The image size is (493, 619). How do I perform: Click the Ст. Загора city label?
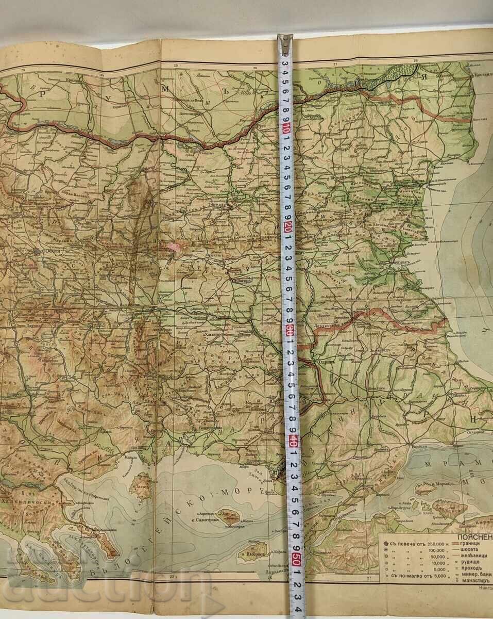[x=242, y=282]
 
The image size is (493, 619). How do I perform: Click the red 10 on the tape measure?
[x=285, y=128]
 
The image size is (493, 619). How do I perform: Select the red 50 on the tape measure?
[x=295, y=559]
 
